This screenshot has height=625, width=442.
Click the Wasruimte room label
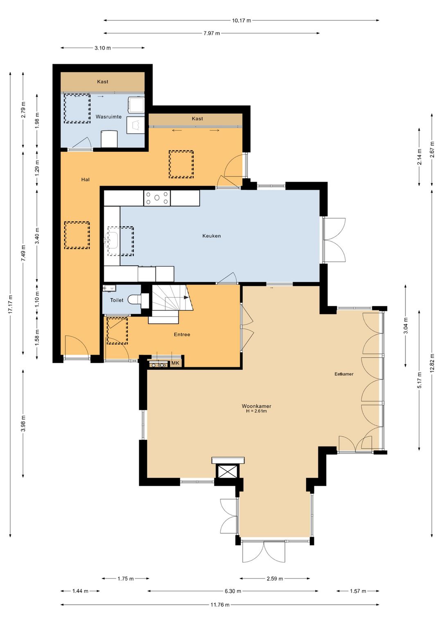(108, 117)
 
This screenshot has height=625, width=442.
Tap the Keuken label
(211, 236)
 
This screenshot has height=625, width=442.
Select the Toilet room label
(117, 300)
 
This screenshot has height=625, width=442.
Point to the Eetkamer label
(344, 374)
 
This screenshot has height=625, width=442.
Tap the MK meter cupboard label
(175, 363)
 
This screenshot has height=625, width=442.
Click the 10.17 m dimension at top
(241, 20)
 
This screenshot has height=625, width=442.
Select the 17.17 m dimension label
(10, 304)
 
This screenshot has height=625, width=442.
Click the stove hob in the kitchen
(157, 198)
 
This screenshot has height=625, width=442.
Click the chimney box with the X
(228, 472)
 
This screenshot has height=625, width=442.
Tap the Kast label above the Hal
(197, 119)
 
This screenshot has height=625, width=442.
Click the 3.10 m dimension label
(103, 48)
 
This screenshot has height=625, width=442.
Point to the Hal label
(86, 180)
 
